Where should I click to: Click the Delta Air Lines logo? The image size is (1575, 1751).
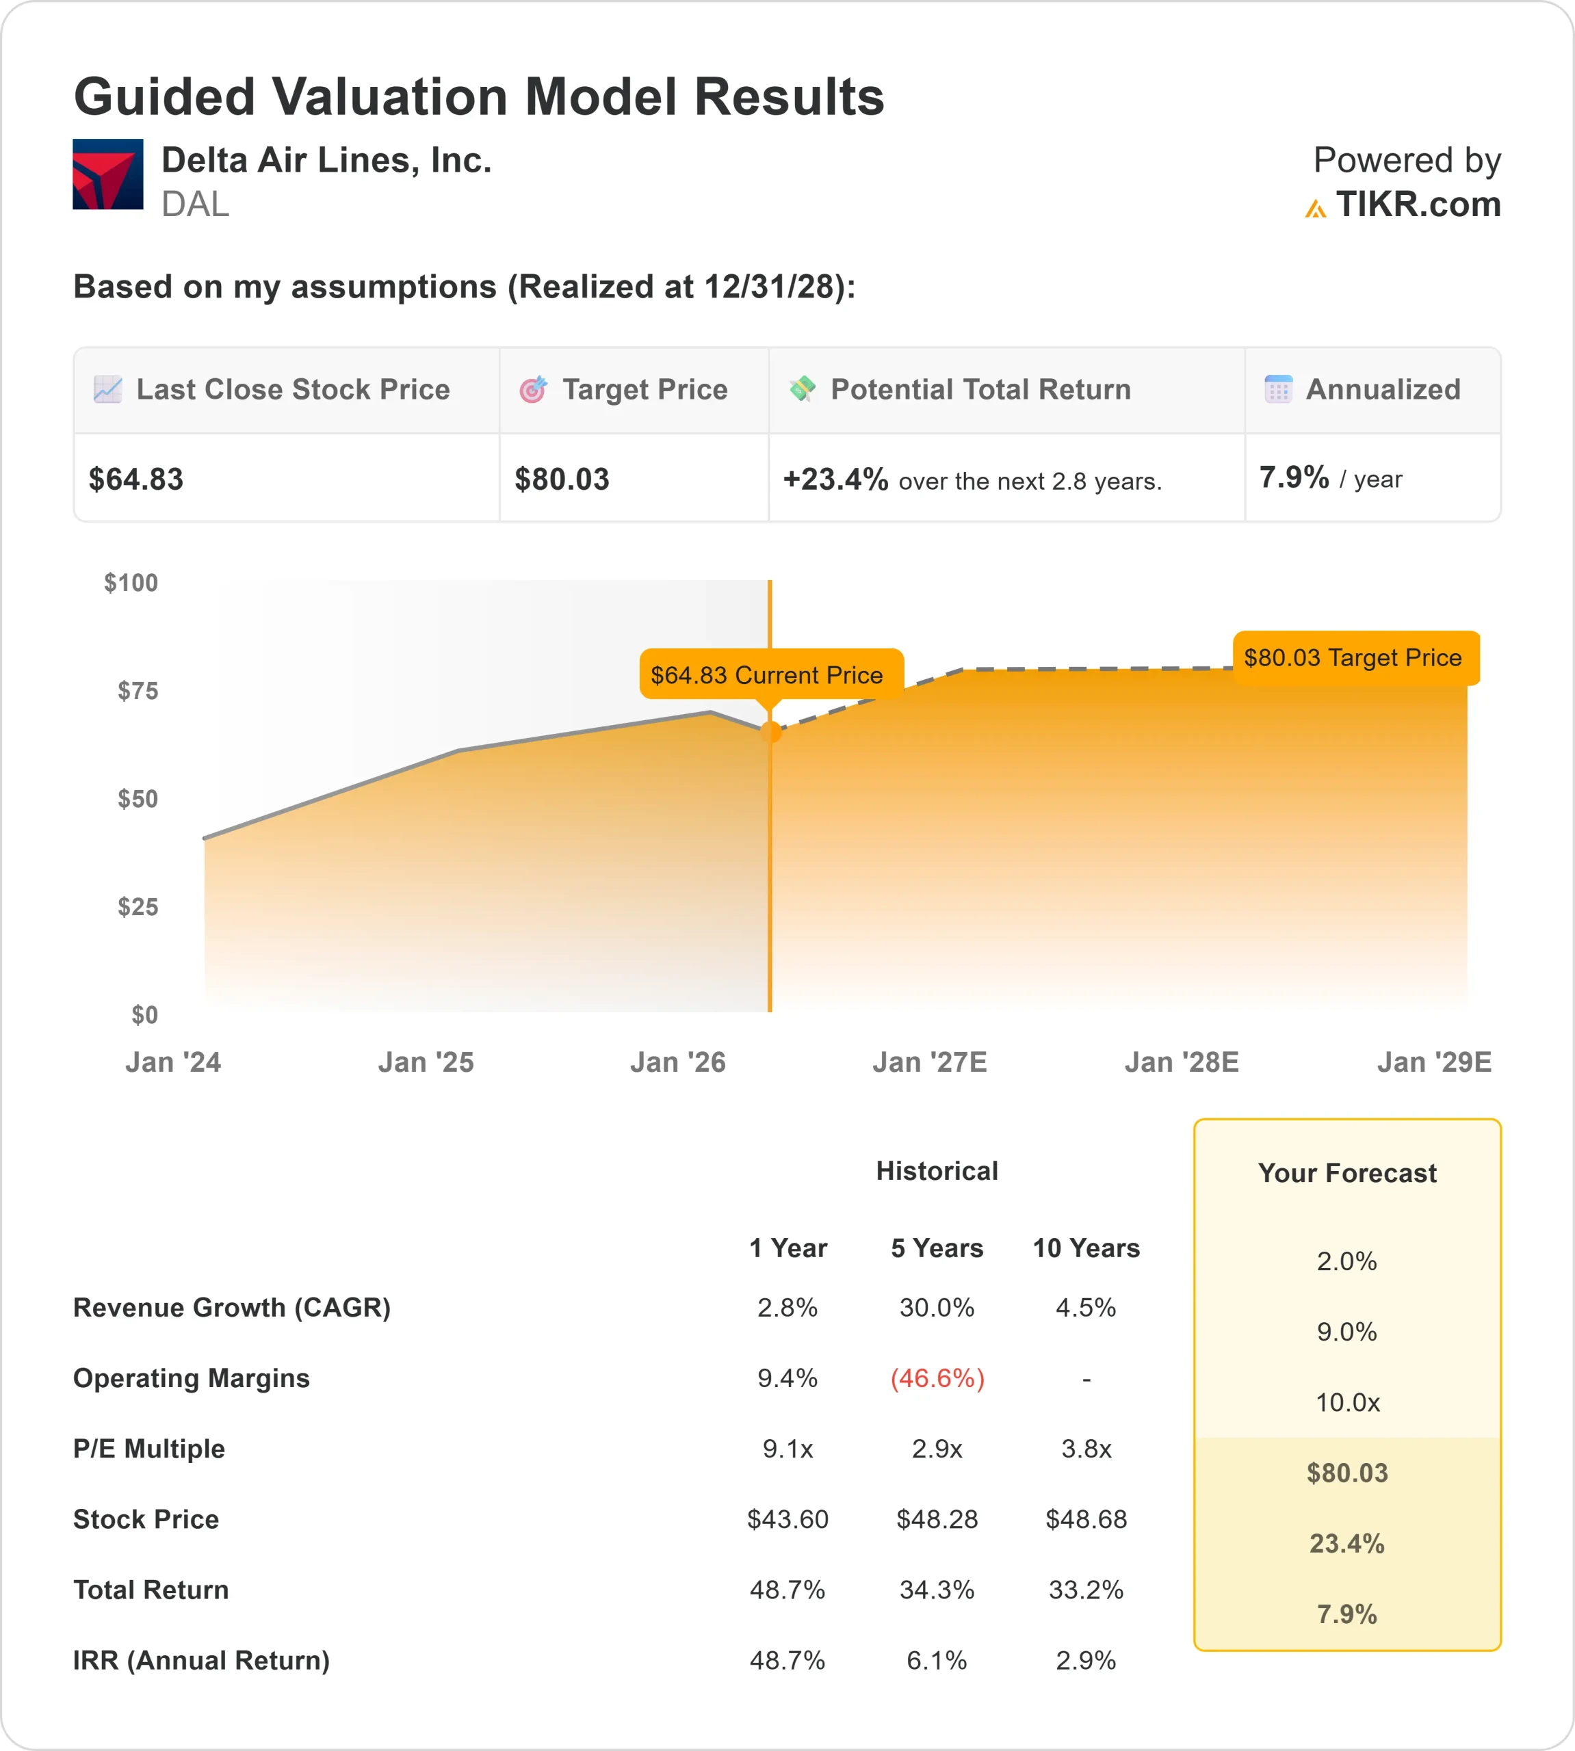pos(107,174)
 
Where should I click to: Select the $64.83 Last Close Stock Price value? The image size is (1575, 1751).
pos(136,479)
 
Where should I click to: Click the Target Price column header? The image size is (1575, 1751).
pos(644,390)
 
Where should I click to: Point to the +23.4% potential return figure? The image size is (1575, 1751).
pos(835,479)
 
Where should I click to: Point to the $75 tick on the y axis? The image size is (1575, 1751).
pos(138,690)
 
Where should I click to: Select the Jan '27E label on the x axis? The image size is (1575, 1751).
pos(929,1062)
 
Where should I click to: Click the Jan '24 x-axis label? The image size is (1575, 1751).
pos(173,1062)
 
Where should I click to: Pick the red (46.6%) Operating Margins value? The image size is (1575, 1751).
pos(937,1378)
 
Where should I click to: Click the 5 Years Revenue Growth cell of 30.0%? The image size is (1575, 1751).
pos(937,1307)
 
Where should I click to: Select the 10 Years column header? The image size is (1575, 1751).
pos(1086,1248)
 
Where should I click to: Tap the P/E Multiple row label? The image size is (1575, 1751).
pos(149,1449)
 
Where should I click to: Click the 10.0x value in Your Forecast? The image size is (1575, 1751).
pos(1347,1402)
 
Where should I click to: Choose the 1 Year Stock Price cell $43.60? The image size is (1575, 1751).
pos(787,1519)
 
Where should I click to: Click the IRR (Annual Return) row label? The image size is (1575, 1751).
pos(202,1660)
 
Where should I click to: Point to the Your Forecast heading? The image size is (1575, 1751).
pos(1347,1173)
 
